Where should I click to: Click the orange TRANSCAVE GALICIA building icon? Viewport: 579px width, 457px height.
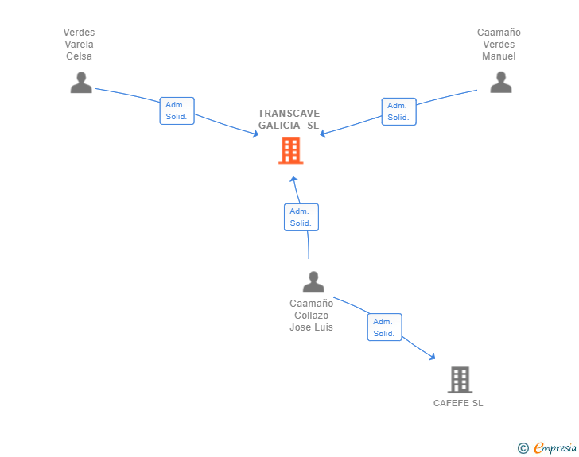290,150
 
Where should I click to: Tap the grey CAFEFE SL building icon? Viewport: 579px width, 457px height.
460,379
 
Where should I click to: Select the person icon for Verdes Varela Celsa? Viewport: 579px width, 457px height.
81,83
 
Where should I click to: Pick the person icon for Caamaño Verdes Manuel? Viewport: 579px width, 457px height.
501,83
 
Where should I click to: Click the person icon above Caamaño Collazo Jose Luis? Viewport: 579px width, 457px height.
313,282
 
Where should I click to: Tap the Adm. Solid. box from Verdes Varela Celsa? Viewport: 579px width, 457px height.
177,110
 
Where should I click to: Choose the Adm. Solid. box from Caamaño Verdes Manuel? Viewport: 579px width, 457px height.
398,111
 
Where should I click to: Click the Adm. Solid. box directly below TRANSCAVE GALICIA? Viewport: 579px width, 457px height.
301,217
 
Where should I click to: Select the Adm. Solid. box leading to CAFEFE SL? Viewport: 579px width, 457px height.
384,327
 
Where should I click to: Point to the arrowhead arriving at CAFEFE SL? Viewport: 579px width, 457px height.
433,356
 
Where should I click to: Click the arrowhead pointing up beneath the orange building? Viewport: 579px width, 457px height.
293,180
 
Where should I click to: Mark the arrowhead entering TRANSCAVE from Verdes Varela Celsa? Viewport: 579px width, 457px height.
255,134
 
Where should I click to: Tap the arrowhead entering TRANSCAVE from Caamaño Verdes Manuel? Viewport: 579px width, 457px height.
323,134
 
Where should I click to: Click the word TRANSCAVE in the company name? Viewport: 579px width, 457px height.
289,114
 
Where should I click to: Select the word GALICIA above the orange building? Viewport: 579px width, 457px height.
279,126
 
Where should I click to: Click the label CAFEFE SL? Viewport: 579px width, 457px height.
458,403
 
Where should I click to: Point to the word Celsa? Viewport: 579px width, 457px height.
79,56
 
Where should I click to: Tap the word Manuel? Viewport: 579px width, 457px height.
499,56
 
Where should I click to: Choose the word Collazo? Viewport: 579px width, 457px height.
311,316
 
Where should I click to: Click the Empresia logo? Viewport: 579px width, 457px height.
547,447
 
